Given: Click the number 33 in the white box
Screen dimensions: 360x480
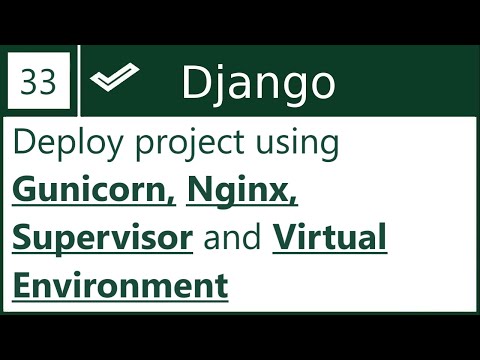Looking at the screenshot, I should (x=38, y=83).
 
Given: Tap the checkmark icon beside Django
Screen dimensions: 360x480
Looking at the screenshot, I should (x=113, y=81).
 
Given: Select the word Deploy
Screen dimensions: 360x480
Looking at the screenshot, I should (x=57, y=144).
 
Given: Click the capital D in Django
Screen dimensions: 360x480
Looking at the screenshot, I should (x=195, y=83).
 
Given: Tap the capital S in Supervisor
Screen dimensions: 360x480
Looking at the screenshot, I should (x=23, y=239).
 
